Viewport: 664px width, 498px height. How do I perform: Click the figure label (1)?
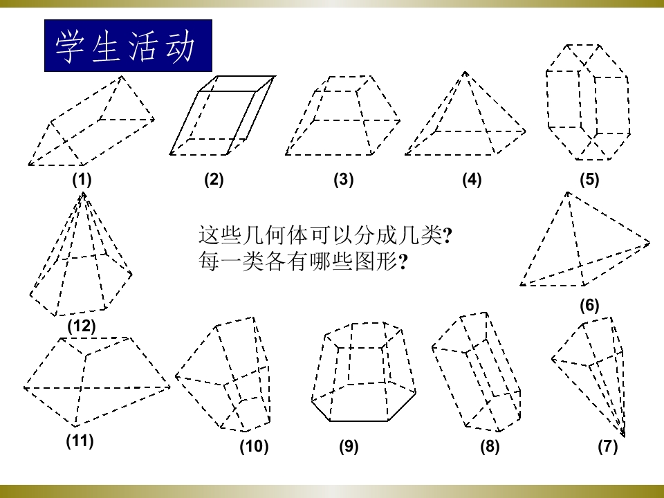[82, 180]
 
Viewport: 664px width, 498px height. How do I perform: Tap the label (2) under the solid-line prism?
[214, 180]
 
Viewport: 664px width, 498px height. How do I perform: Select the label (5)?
[589, 180]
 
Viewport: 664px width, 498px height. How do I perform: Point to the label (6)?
[589, 305]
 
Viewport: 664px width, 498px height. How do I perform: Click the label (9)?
[349, 446]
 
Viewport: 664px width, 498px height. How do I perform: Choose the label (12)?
[82, 326]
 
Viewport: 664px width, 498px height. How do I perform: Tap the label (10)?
[254, 446]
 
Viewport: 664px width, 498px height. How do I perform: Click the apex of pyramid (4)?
[465, 73]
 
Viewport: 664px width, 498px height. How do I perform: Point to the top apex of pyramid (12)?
[84, 193]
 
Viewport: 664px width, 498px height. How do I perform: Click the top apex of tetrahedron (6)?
[568, 193]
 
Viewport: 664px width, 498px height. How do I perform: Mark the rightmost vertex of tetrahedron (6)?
[649, 243]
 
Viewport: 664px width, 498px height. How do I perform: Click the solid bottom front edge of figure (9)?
[359, 421]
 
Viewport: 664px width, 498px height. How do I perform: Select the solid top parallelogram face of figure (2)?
[237, 84]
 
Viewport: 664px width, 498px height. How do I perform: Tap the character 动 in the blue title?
[180, 46]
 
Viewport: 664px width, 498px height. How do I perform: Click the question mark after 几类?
[448, 235]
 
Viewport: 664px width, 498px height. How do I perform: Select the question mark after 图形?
[403, 262]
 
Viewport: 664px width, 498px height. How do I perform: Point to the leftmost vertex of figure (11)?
[25, 387]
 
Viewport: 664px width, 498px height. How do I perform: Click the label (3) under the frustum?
[344, 180]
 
